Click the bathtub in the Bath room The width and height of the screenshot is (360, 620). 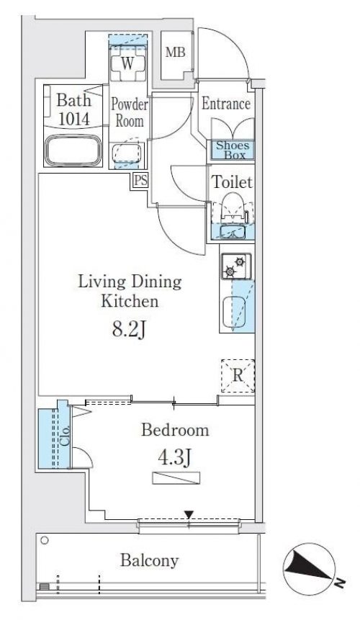pyautogui.click(x=73, y=150)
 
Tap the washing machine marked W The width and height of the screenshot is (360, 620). pyautogui.click(x=127, y=63)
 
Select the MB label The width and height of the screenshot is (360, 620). pyautogui.click(x=175, y=53)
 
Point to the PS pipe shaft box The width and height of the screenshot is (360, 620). pyautogui.click(x=140, y=181)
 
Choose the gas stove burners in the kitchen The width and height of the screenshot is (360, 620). pyautogui.click(x=235, y=265)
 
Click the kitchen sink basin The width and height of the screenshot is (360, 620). pyautogui.click(x=234, y=312)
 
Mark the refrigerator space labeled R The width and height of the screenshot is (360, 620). pyautogui.click(x=238, y=376)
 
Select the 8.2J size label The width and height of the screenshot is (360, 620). pyautogui.click(x=129, y=329)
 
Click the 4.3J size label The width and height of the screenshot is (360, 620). pyautogui.click(x=175, y=458)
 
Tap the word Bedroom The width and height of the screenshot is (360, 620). pyautogui.click(x=175, y=430)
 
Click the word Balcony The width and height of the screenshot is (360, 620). pyautogui.click(x=149, y=560)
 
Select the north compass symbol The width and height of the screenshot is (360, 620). pyautogui.click(x=310, y=569)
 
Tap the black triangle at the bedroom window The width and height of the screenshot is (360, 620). pyautogui.click(x=189, y=514)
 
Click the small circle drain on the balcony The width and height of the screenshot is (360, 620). pyautogui.click(x=44, y=540)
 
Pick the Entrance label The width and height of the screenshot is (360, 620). pyautogui.click(x=226, y=104)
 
